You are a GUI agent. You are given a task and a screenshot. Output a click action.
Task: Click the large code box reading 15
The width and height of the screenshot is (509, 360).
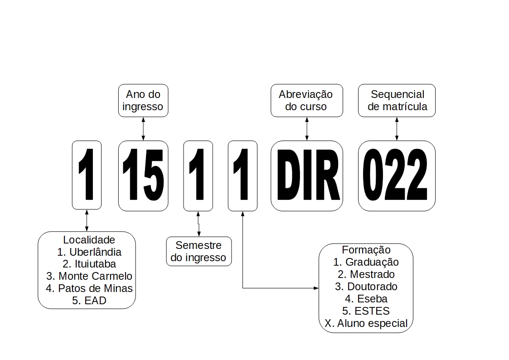point(143,176)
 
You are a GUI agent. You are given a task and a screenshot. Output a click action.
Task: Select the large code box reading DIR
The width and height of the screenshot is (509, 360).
point(307,176)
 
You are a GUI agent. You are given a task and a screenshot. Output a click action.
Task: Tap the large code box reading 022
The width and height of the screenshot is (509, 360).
point(397,176)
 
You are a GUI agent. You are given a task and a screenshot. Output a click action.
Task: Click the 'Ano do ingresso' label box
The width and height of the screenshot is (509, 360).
point(143,100)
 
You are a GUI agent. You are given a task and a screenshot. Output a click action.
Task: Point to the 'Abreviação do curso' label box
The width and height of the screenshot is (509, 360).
point(306,100)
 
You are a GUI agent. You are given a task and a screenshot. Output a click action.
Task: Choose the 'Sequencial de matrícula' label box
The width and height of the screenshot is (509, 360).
point(397,100)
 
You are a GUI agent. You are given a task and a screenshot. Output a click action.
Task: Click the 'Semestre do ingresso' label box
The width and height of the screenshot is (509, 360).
point(199,251)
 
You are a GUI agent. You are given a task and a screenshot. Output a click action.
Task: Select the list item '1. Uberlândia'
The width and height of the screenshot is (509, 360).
point(89,252)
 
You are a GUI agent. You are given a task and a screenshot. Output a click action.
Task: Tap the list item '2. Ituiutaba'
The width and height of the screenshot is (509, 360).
point(89,264)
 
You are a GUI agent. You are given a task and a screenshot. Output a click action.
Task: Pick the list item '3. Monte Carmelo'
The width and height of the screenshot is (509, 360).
point(89,276)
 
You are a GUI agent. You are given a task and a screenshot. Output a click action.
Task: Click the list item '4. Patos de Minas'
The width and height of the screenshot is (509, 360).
point(89,288)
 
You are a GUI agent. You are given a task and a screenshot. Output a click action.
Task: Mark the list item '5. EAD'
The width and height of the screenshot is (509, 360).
point(89,301)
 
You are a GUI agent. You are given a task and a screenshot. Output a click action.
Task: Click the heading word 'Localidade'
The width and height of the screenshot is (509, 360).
point(89,239)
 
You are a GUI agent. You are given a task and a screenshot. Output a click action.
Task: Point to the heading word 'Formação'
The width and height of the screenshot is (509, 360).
point(366,250)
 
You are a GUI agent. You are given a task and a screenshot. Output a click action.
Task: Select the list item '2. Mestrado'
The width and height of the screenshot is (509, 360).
point(366,274)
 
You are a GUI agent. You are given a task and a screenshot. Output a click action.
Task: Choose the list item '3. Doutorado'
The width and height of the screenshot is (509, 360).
point(366,287)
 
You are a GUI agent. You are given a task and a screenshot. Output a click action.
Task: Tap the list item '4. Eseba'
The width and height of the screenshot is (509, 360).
point(366,299)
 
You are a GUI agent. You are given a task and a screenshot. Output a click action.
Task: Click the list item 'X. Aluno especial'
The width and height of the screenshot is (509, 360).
point(366,323)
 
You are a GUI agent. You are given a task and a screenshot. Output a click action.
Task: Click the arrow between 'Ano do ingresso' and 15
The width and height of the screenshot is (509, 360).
point(143,128)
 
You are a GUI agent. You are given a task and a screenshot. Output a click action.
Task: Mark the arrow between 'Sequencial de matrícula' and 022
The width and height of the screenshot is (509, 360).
point(397,128)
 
